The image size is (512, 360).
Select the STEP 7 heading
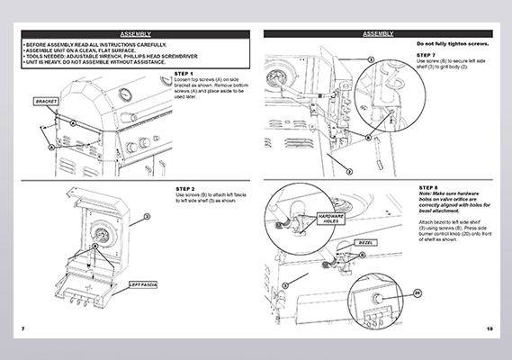tap(427, 54)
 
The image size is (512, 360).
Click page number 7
tap(23, 328)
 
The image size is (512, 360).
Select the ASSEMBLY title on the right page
tap(378, 33)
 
